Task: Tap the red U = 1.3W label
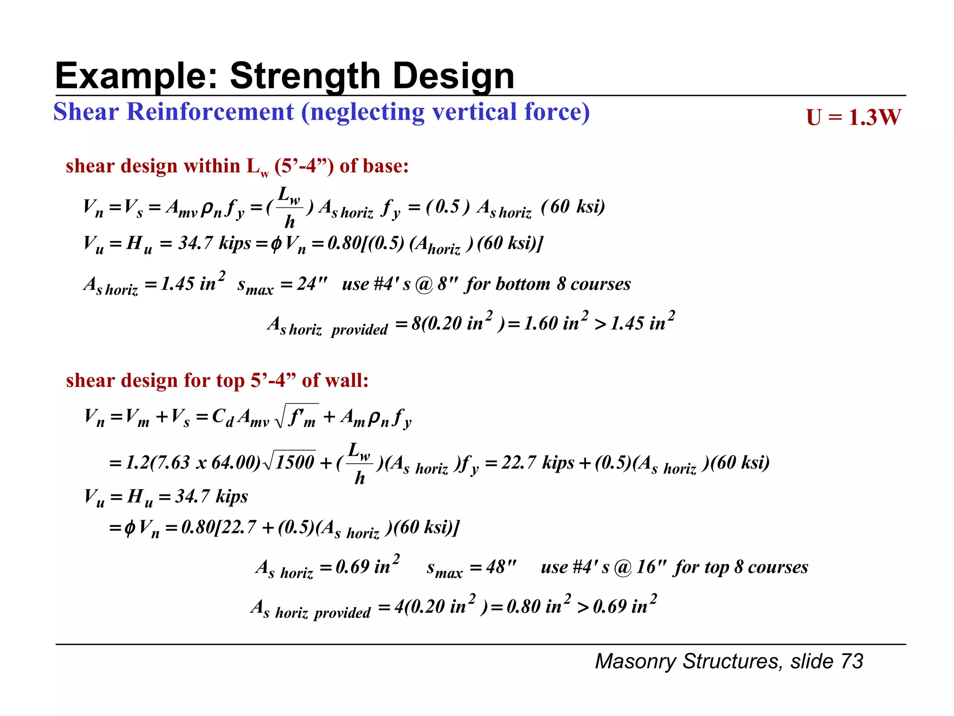853,117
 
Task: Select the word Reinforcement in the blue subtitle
210,112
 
